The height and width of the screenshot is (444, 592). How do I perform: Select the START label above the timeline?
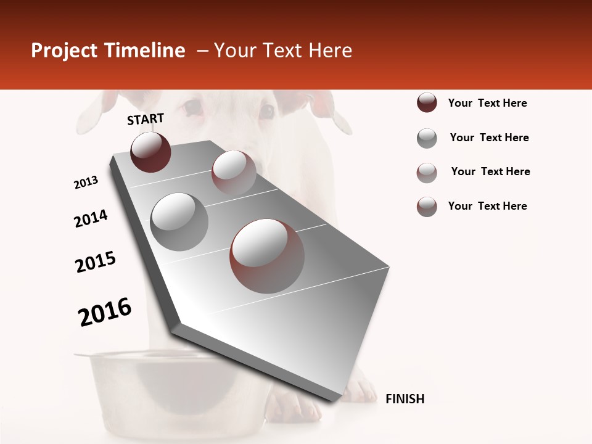pos(146,119)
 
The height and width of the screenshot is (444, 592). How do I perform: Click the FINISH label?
pos(405,399)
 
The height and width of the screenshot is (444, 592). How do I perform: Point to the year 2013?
pos(86,183)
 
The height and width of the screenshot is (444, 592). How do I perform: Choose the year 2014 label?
pos(91,218)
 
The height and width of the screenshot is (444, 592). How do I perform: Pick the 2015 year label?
pos(96,262)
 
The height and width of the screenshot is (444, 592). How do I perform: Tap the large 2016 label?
pos(105,312)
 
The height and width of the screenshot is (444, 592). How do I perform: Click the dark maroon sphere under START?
pos(150,152)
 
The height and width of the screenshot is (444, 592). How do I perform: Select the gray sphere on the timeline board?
pos(179,221)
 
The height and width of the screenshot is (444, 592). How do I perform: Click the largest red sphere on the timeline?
pos(267,256)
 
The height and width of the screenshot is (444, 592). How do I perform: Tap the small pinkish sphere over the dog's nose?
pos(234,172)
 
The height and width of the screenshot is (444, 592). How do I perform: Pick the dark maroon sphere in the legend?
pos(427,103)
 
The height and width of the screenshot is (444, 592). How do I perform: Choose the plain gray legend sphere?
pos(427,138)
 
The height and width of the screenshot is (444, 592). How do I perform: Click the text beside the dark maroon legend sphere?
pos(487,103)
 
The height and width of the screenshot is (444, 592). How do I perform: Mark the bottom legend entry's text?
pos(487,206)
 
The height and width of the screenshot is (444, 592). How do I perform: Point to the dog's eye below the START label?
pos(193,107)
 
